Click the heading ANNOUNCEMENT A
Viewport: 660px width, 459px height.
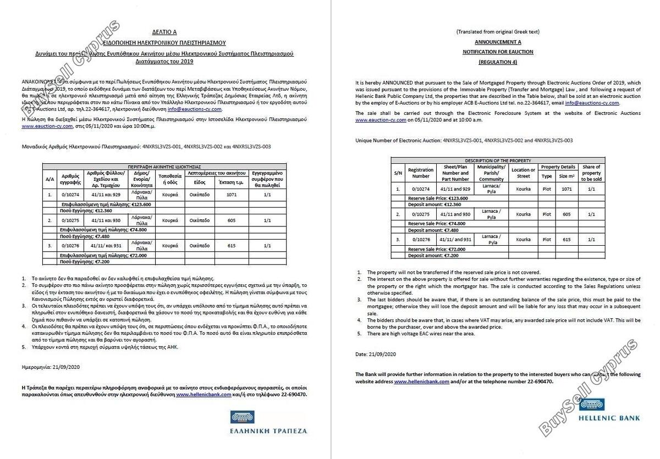point(498,42)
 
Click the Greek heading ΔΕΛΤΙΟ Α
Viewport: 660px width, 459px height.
point(164,32)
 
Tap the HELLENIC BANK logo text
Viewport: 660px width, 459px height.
point(608,418)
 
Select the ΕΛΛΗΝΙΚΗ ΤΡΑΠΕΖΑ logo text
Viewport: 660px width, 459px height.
point(269,430)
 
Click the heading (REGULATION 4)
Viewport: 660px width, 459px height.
point(498,62)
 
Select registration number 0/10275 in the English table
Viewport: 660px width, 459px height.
point(421,214)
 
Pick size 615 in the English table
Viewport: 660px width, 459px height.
point(566,240)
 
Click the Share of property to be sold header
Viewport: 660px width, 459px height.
point(592,173)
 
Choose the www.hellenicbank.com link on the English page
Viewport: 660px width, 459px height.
point(422,381)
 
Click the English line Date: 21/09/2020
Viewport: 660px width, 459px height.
point(376,354)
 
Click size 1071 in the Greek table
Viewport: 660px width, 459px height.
point(231,194)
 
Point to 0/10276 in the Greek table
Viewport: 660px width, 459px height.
point(71,246)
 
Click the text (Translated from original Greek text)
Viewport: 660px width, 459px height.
point(498,32)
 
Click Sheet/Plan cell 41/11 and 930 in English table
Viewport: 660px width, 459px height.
point(454,214)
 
